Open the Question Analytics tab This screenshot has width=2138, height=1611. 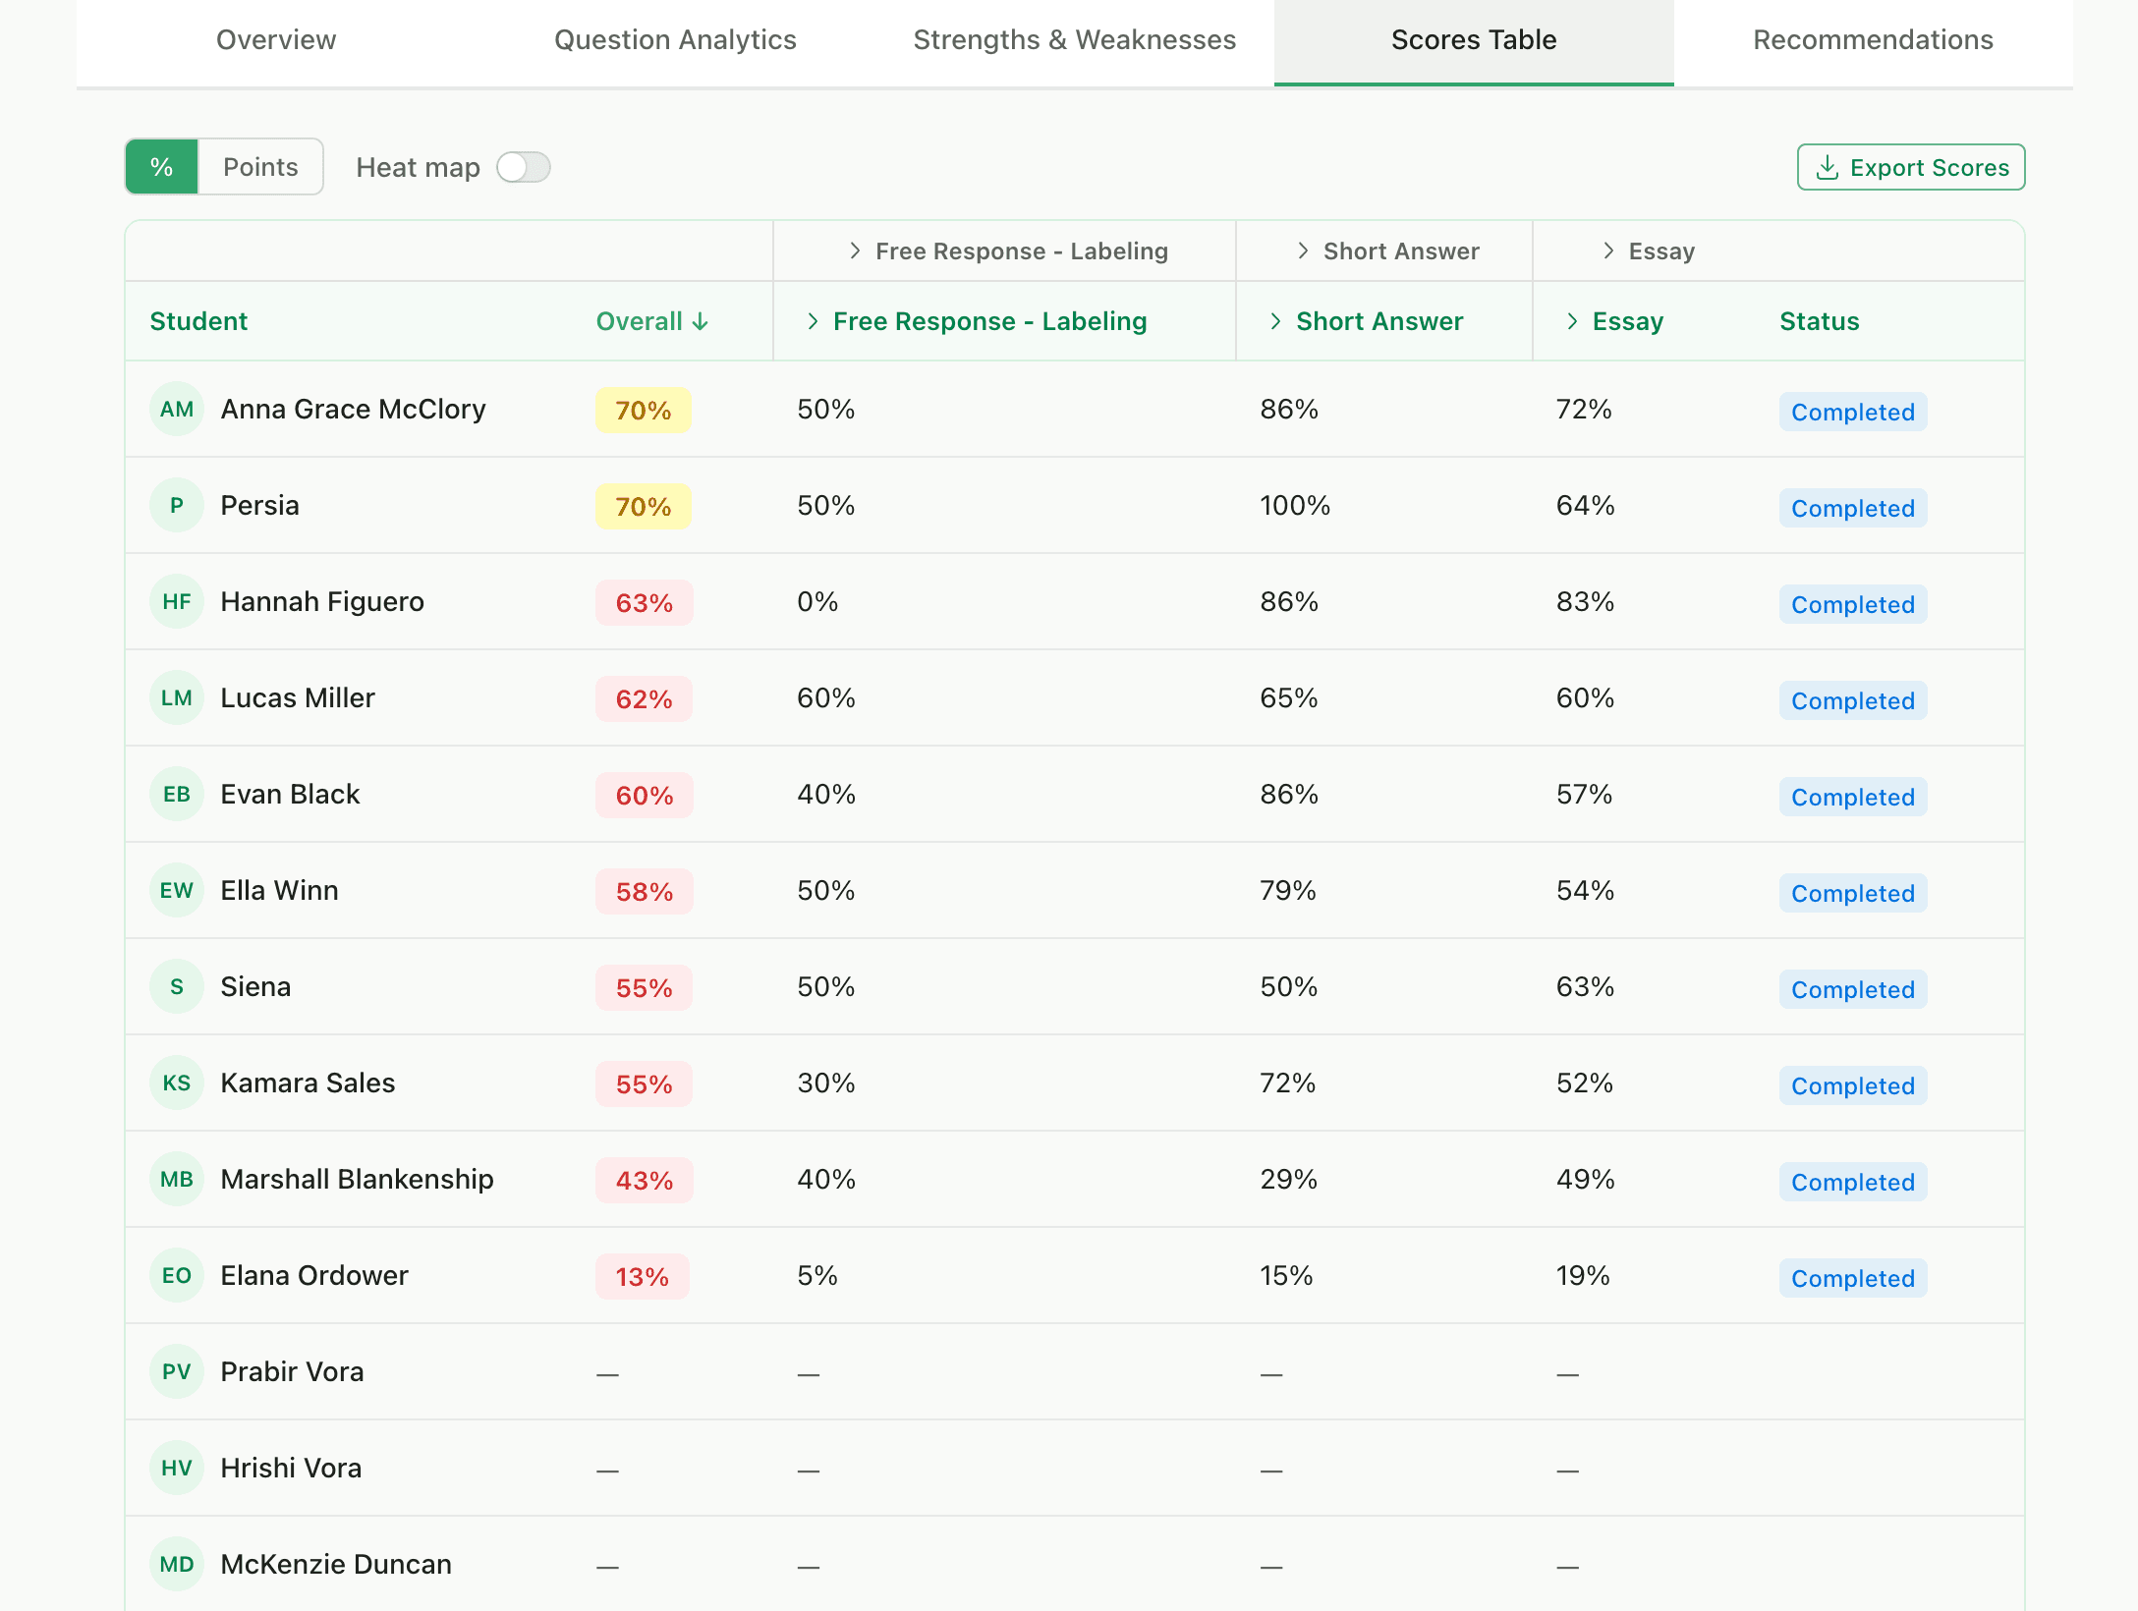[x=675, y=40]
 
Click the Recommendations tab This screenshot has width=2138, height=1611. [x=1873, y=40]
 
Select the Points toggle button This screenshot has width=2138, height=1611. [x=260, y=167]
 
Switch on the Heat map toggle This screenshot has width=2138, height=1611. [x=523, y=167]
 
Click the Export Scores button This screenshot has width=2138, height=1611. [x=1910, y=167]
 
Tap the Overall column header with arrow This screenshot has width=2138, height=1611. [x=651, y=321]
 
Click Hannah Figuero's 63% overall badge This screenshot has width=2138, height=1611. [x=644, y=603]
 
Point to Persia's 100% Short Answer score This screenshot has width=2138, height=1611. [x=1294, y=506]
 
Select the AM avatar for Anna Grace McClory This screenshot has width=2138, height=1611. [x=177, y=410]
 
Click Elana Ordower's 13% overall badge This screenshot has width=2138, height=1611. [x=642, y=1277]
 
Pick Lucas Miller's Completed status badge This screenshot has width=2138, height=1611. [x=1852, y=700]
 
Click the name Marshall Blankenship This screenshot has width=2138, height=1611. [x=357, y=1179]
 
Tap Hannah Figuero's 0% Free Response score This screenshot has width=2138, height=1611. [x=817, y=602]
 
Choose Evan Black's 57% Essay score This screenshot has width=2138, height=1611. [x=1584, y=795]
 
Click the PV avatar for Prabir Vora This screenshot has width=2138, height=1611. [x=177, y=1371]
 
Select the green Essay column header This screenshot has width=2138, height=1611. [x=1626, y=321]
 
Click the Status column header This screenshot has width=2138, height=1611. [x=1819, y=321]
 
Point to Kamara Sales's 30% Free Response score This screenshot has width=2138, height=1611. [x=825, y=1083]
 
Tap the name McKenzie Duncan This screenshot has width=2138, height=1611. [x=336, y=1564]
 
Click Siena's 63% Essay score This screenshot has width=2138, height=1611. [x=1584, y=987]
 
